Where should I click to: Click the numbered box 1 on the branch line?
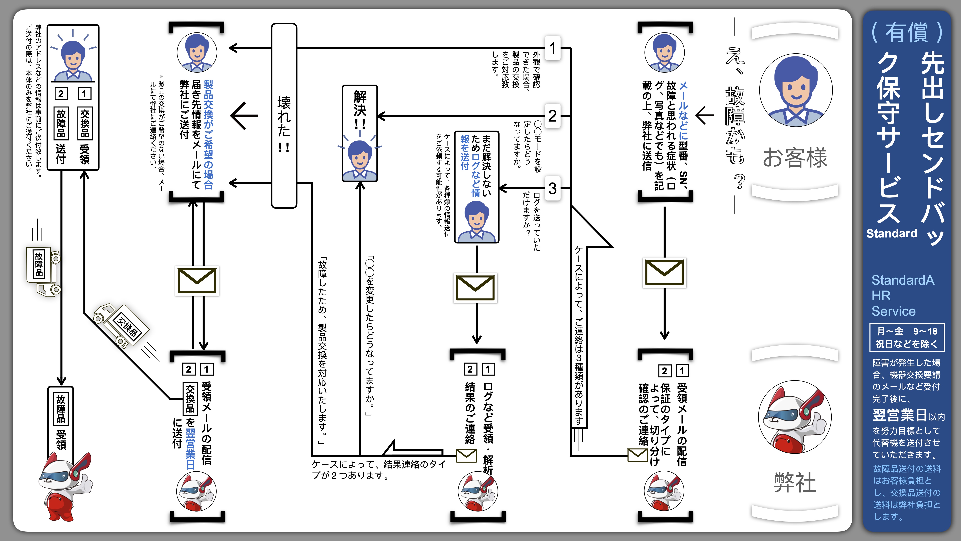552,48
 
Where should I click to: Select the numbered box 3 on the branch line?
552,189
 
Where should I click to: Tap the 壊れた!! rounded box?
284,116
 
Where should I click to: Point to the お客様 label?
795,158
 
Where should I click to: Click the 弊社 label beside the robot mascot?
795,482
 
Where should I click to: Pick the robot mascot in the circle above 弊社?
795,417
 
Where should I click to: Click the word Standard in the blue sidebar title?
891,233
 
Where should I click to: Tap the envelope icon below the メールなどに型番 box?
664,272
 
